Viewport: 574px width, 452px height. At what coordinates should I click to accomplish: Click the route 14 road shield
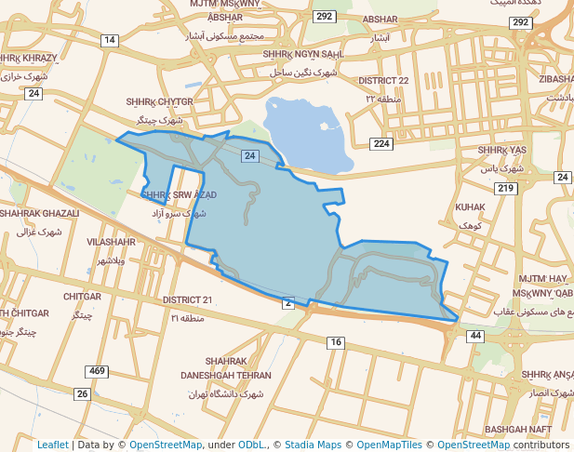(x=111, y=40)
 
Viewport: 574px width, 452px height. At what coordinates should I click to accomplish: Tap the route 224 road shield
(x=381, y=143)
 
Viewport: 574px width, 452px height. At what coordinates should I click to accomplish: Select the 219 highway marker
(x=506, y=189)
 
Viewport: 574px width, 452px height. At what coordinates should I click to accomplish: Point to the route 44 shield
(x=475, y=335)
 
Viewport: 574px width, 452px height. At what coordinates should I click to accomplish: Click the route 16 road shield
(x=335, y=343)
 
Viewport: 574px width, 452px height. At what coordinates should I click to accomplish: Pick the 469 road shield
(x=97, y=371)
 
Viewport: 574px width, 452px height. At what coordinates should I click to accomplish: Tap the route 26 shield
(x=83, y=394)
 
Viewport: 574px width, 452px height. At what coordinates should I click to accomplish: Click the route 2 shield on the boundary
(x=288, y=302)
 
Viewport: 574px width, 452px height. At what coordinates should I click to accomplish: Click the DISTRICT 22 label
(x=397, y=81)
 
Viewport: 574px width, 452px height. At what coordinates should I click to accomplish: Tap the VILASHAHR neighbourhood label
(x=111, y=242)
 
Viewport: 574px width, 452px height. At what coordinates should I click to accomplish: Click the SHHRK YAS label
(x=502, y=150)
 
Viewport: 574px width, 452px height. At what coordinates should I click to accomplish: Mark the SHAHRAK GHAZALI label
(x=39, y=213)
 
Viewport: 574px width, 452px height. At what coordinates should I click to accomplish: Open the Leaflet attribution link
(x=52, y=445)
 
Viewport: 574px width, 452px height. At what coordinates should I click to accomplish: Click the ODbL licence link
(x=252, y=445)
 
